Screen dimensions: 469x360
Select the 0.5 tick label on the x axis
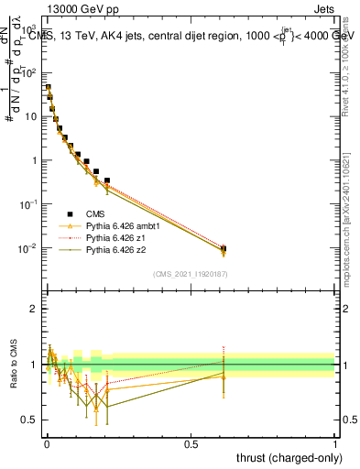click(191, 443)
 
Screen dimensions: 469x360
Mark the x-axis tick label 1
click(335, 443)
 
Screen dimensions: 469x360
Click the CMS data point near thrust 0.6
click(224, 248)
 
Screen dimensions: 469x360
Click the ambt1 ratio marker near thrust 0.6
click(224, 375)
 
